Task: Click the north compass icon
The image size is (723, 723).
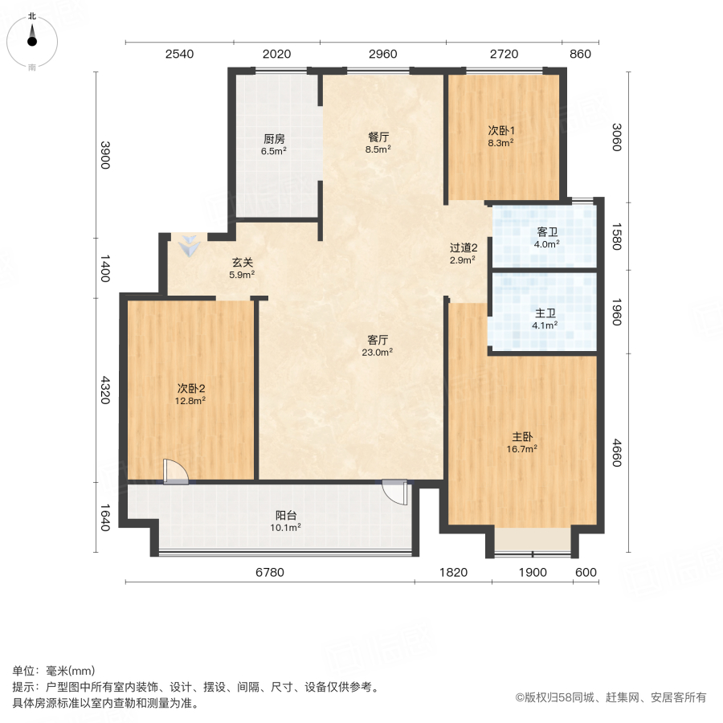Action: coord(32,39)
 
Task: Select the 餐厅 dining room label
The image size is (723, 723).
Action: coord(378,142)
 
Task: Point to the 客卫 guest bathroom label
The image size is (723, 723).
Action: coord(546,237)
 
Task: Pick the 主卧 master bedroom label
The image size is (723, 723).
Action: coord(523,443)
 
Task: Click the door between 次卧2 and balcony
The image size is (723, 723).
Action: coord(174,472)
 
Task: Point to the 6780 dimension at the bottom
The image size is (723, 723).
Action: coord(270,572)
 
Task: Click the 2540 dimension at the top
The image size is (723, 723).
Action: coord(179,55)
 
